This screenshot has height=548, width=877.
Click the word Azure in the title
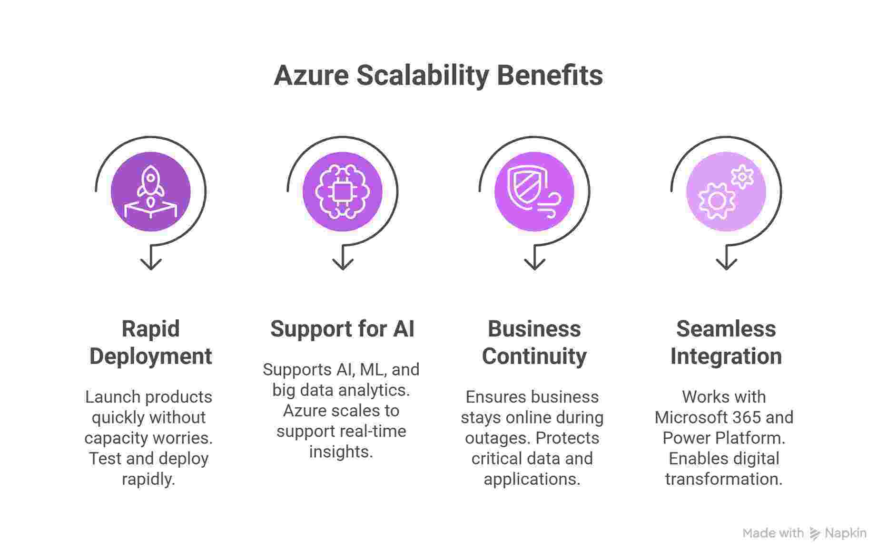pos(311,76)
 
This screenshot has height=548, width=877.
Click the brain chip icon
pos(342,192)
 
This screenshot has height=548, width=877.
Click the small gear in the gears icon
pos(742,177)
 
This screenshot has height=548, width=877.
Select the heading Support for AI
pos(342,329)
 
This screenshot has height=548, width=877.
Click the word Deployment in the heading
pos(151,356)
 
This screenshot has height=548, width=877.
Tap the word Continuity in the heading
pos(534,356)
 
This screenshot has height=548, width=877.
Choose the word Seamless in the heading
pos(726,329)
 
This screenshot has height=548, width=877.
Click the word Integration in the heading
pos(726,356)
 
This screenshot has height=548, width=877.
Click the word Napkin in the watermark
pos(846,533)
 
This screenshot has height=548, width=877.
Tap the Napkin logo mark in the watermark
pos(815,534)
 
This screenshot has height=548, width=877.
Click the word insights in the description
pos(340,452)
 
